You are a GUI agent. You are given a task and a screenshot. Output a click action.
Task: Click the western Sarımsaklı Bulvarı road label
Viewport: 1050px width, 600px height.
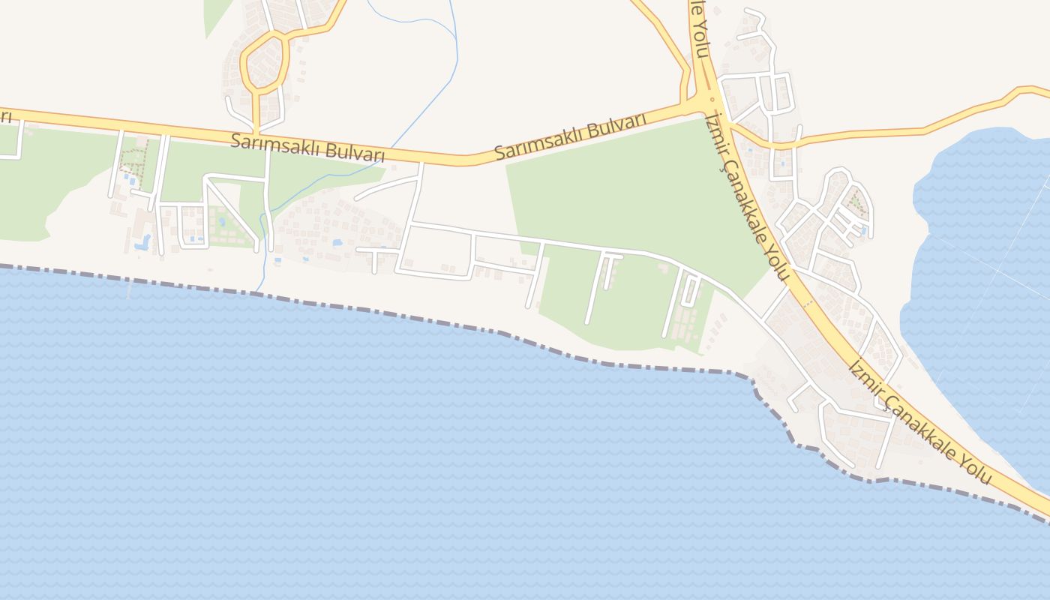click(307, 148)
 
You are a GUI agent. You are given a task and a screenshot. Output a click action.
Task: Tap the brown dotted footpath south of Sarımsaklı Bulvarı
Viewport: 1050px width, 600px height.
click(133, 161)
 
